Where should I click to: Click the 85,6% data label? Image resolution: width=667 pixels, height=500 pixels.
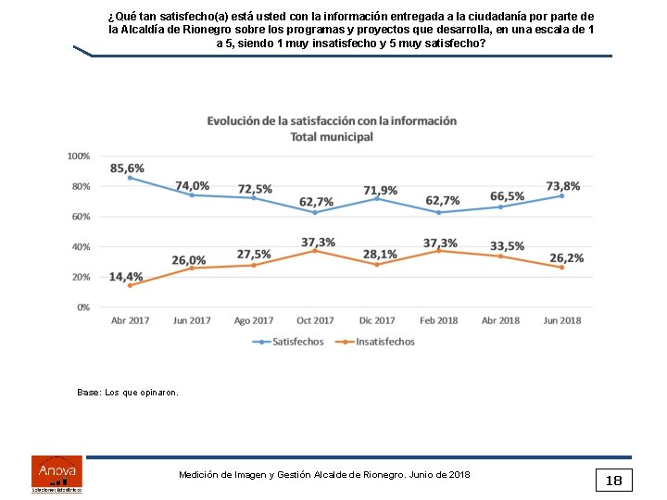pos(127,168)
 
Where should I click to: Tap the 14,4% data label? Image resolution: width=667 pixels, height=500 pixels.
pos(126,276)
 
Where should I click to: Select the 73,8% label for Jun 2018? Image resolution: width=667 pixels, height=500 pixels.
pos(563,185)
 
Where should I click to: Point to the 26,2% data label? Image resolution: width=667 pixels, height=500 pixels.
pos(566,257)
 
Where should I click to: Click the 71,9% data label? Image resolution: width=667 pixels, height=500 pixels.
pos(380,190)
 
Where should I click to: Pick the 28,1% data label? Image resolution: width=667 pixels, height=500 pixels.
pos(380,254)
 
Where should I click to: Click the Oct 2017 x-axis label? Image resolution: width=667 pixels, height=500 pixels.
pos(316,320)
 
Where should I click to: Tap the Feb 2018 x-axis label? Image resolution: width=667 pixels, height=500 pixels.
pos(439,320)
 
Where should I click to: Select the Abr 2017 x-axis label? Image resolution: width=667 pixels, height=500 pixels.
pos(130,320)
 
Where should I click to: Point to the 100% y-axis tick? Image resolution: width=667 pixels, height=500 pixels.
pos(79,156)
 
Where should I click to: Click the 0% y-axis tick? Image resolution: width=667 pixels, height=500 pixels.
pos(83,306)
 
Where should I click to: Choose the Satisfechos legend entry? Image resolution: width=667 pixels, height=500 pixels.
pos(289,342)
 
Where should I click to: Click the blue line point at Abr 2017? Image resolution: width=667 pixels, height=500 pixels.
pos(130,178)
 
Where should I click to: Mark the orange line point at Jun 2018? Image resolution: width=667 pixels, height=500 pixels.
pos(562,268)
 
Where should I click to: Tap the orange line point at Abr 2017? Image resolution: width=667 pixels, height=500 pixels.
pos(130,285)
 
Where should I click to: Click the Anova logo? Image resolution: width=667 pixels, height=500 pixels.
pos(57,472)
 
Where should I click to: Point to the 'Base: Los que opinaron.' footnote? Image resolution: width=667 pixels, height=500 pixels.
pos(128,393)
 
